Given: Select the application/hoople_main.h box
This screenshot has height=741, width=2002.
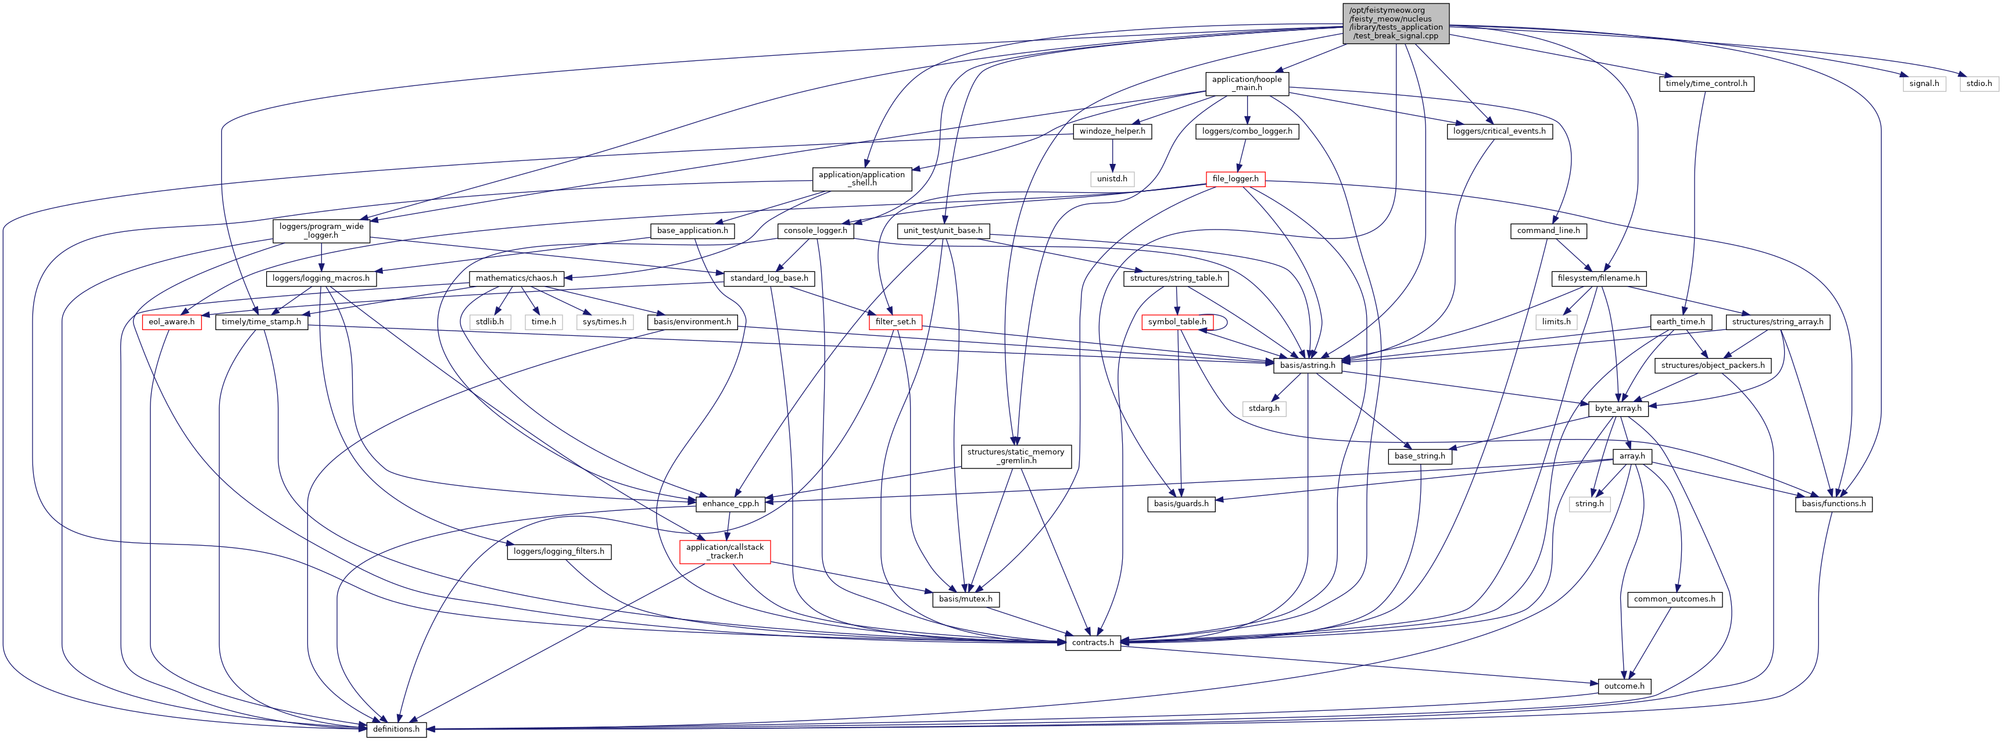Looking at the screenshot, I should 1247,83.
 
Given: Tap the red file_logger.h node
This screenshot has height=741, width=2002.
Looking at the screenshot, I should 1235,179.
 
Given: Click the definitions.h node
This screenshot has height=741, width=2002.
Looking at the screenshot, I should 396,729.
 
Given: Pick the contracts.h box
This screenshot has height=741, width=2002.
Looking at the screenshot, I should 1093,642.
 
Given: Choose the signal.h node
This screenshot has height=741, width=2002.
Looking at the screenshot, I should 1924,83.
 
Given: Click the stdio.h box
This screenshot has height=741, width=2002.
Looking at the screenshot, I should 1979,83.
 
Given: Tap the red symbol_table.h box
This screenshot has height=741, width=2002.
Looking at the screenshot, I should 1177,322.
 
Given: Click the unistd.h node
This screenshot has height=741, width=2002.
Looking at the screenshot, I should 1112,179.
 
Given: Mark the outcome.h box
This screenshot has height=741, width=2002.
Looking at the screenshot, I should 1624,686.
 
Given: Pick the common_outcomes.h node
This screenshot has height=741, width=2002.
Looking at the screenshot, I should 1674,599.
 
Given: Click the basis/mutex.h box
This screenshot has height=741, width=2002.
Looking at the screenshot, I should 965,599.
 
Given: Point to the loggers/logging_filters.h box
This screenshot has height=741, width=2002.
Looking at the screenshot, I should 559,552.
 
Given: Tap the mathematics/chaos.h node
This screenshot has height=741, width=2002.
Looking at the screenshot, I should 516,278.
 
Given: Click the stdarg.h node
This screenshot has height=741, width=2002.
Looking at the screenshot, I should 1264,408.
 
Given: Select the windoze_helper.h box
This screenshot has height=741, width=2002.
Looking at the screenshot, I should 1112,131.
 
